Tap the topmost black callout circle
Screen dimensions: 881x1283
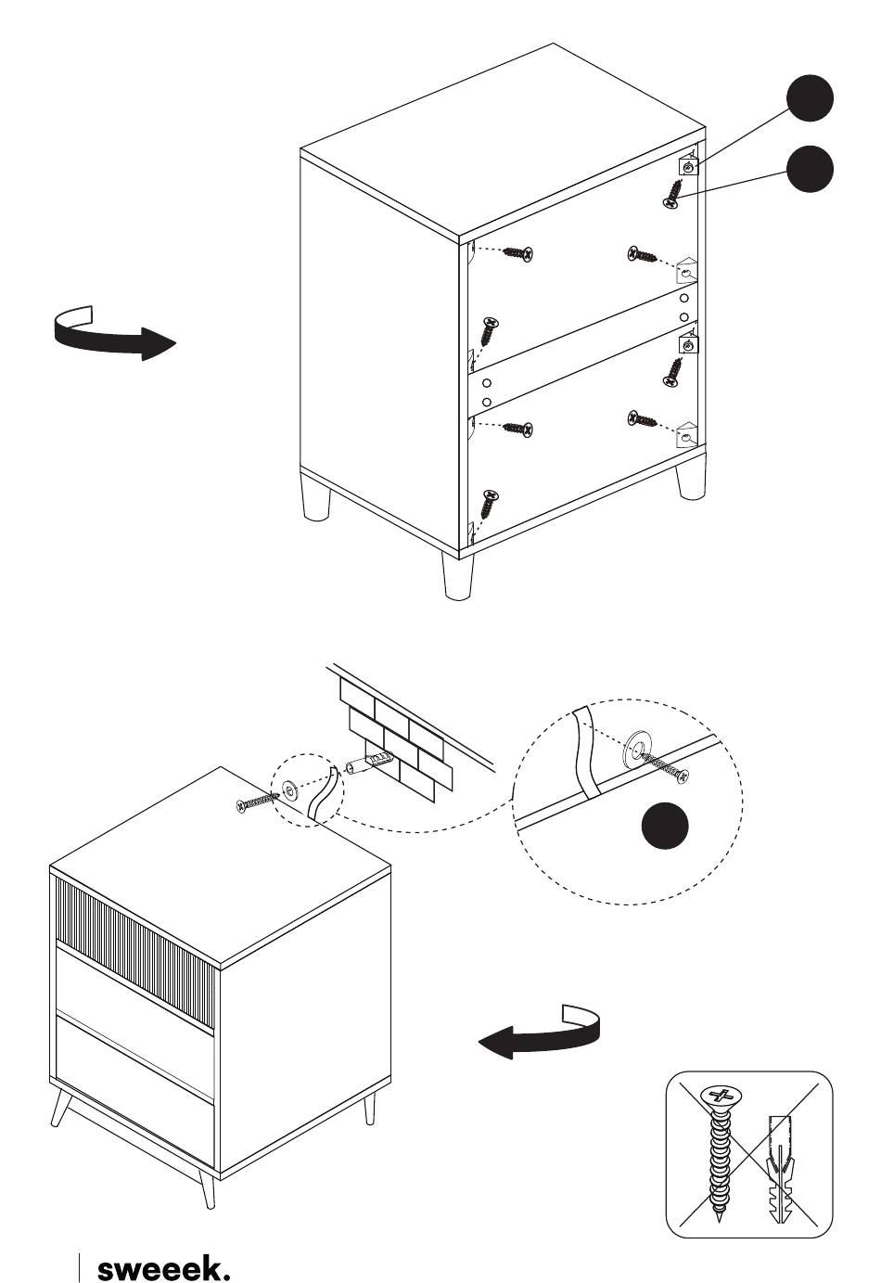click(x=810, y=97)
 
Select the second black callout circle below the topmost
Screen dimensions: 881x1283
click(x=810, y=170)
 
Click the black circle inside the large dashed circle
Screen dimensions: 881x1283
click(x=666, y=825)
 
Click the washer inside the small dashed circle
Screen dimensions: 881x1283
click(x=289, y=791)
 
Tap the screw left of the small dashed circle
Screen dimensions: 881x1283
click(x=256, y=801)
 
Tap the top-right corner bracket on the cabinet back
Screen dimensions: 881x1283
click(x=689, y=165)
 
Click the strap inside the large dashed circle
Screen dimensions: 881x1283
click(x=586, y=751)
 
